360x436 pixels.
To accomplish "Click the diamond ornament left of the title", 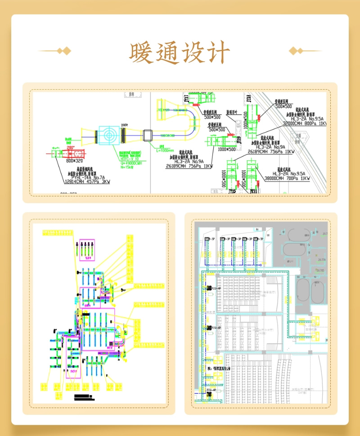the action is point(66,50).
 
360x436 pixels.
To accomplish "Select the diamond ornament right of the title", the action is point(294,50).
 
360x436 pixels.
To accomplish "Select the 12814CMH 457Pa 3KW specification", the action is point(87,182).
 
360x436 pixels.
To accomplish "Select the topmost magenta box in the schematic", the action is point(87,249).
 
